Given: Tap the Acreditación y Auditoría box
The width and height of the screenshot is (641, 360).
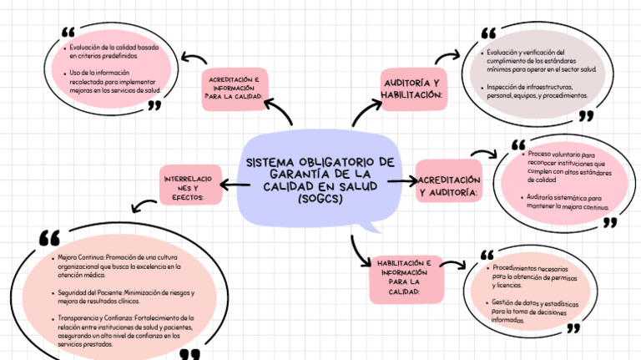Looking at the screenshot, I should pyautogui.click(x=449, y=186).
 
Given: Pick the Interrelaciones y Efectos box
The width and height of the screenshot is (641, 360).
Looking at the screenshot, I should pyautogui.click(x=191, y=186).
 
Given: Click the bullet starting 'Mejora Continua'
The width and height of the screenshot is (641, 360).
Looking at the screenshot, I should pyautogui.click(x=117, y=266).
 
